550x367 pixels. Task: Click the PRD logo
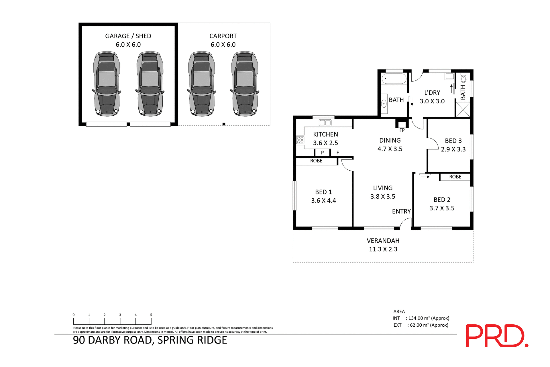(496, 336)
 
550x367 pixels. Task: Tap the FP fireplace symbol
(402, 125)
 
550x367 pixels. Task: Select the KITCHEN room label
(325, 134)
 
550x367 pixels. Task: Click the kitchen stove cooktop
(300, 140)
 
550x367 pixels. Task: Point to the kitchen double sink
(325, 123)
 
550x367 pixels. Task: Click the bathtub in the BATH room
(394, 78)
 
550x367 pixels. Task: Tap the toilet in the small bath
(463, 78)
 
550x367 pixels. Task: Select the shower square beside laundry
(463, 109)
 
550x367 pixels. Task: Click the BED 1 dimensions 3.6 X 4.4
(323, 201)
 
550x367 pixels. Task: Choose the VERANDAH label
(383, 241)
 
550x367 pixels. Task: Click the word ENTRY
(401, 211)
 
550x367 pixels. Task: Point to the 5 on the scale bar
(151, 315)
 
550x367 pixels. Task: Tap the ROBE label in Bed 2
(455, 177)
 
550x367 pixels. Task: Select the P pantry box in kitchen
(322, 153)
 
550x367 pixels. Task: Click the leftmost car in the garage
(107, 84)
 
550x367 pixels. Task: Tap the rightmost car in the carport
(245, 84)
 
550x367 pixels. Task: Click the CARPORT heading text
(223, 36)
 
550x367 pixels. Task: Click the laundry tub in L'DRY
(449, 76)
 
